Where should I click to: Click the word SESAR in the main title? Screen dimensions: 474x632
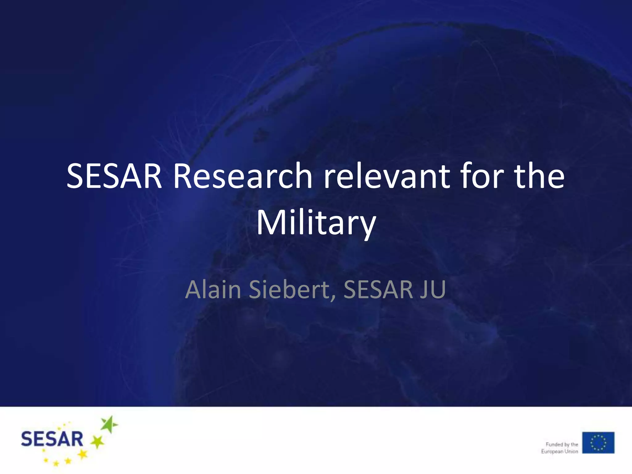coord(114,176)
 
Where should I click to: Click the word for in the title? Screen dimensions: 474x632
coord(482,176)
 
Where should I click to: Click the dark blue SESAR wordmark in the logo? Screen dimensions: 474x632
coord(52,439)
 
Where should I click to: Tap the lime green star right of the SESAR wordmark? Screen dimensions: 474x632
coord(98,442)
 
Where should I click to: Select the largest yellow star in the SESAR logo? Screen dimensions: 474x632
coord(82,454)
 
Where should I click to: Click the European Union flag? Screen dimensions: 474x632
coord(598,443)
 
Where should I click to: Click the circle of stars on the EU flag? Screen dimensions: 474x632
coord(598,443)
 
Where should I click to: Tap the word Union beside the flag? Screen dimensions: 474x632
coord(571,451)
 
